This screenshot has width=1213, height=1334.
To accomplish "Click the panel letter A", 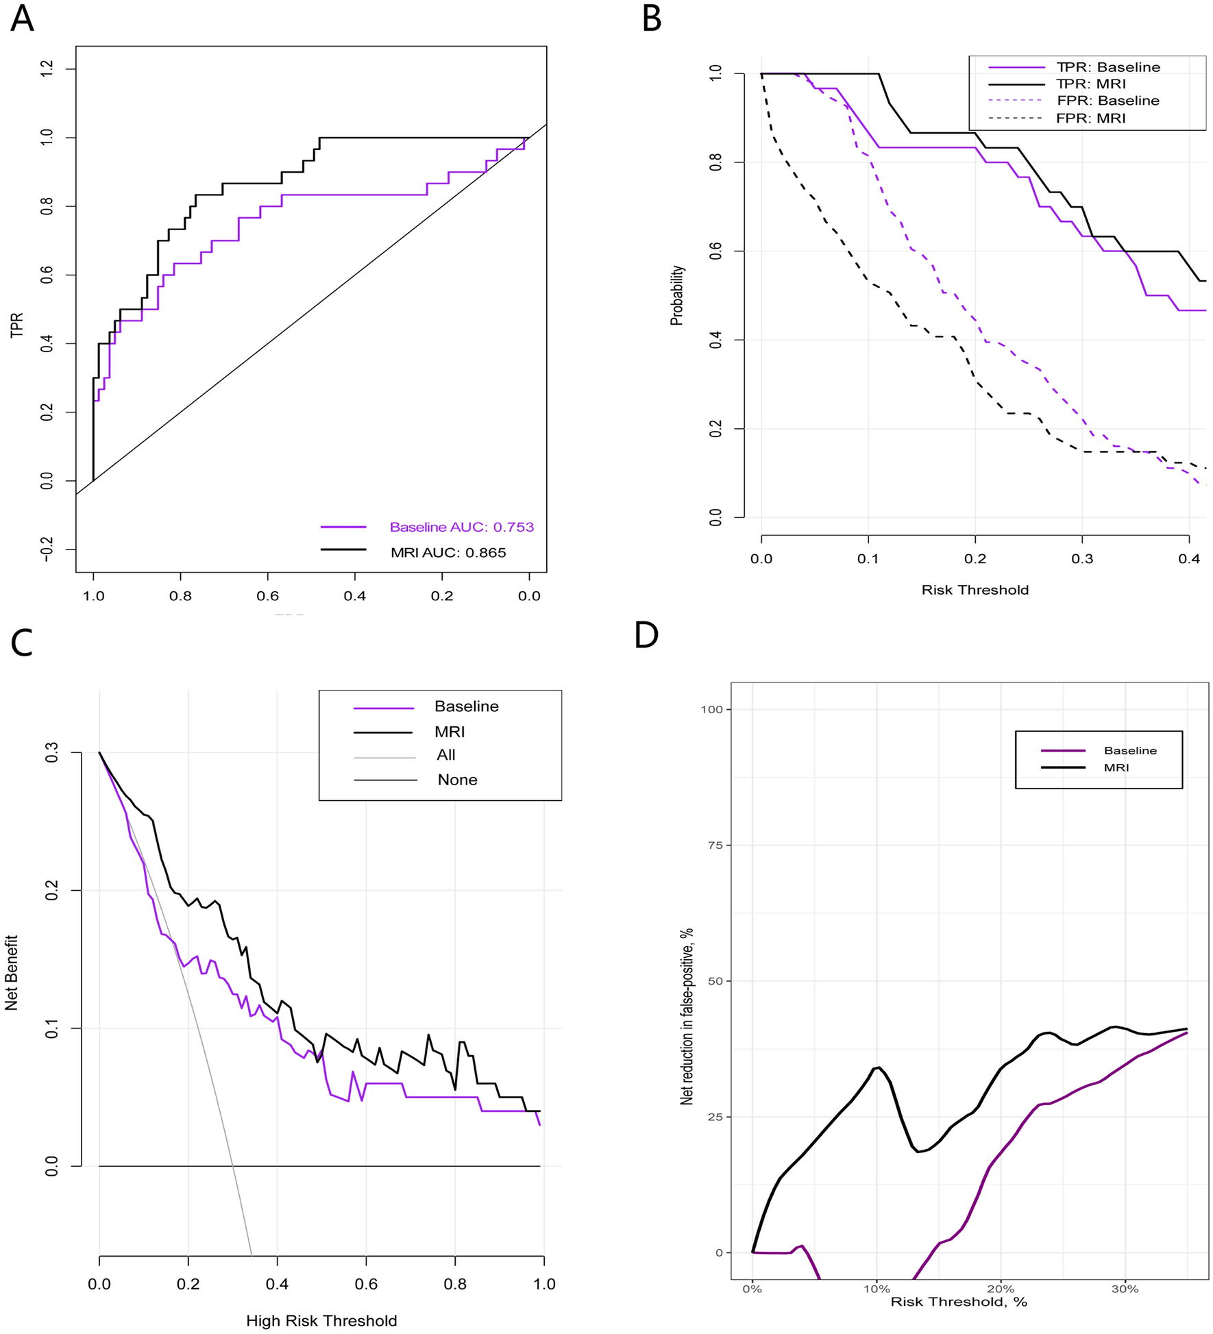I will coord(22,18).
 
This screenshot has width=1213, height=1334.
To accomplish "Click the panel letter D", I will coord(646,635).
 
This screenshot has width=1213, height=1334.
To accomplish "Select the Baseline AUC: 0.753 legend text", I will coord(461,527).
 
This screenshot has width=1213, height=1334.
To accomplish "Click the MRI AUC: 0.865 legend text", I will coord(448,552).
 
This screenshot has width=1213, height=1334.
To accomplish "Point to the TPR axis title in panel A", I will coord(17,325).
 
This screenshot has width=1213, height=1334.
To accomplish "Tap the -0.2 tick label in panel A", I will coord(47,549).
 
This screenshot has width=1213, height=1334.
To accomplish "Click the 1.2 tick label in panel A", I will coord(47,69).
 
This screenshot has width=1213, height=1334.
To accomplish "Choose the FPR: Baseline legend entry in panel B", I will coord(1107,101).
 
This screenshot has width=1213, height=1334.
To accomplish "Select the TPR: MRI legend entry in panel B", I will coord(1091,84).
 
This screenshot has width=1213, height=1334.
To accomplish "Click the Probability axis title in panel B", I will coord(677,295).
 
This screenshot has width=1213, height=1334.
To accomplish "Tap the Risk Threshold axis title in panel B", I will coord(975,590).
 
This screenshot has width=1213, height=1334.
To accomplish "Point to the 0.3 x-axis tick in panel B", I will coord(1082,559).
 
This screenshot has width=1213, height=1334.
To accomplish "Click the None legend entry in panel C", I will coord(457,780).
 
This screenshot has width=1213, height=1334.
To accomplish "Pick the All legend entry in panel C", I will coord(445,754).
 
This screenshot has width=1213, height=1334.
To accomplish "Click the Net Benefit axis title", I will coord(12,972).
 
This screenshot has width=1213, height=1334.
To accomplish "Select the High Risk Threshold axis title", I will coord(321,1320).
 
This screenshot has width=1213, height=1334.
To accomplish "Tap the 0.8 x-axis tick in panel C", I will coord(455,1283).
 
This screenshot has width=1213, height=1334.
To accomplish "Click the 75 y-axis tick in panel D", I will coord(715,845).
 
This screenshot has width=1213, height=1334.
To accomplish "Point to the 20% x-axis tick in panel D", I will coord(1001,1289).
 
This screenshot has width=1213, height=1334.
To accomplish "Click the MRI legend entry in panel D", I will coord(1116,767).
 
